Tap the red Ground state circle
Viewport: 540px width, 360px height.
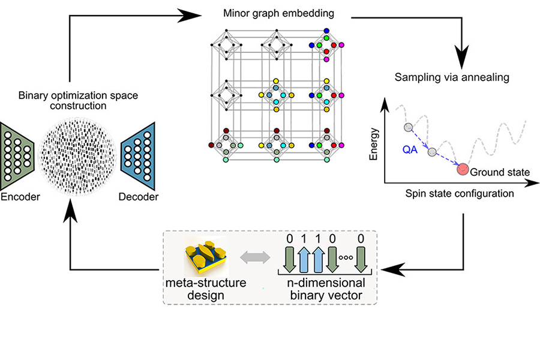pos(463,170)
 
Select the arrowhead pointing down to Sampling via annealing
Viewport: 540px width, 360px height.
pos(463,59)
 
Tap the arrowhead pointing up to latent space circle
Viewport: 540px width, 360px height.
pos(70,211)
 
